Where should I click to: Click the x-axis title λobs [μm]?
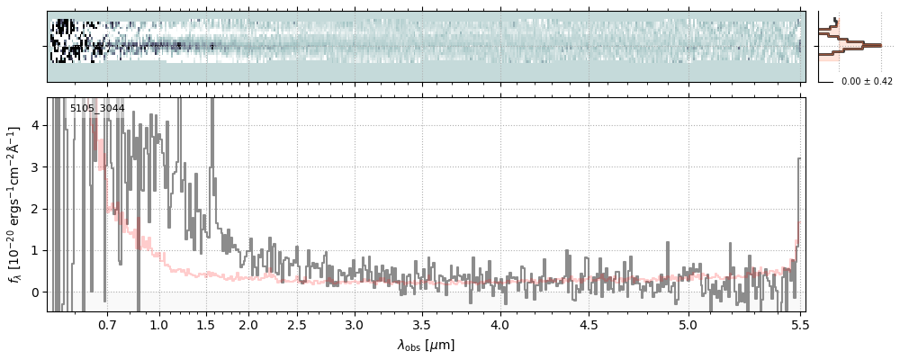pos(427,345)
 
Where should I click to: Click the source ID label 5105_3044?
pos(97,108)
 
